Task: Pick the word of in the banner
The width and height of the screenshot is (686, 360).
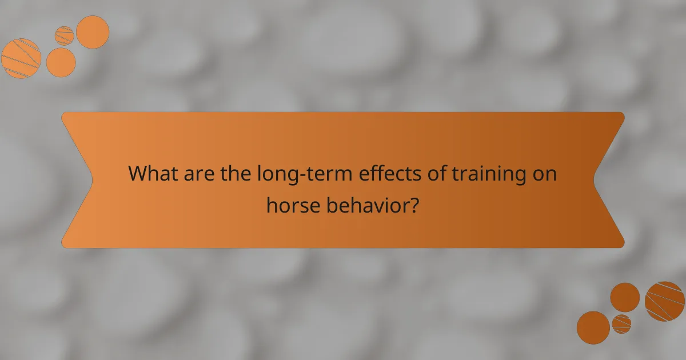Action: pyautogui.click(x=430, y=173)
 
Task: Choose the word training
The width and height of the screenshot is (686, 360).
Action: pyautogui.click(x=486, y=173)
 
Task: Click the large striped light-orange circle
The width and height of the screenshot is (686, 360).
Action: pyautogui.click(x=21, y=58)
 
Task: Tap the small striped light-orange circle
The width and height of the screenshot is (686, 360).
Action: pyautogui.click(x=65, y=35)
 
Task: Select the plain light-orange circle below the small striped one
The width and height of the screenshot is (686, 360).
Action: pyautogui.click(x=61, y=62)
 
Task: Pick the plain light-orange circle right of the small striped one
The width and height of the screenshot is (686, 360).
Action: pyautogui.click(x=93, y=32)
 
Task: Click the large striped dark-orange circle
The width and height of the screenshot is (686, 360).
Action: pyautogui.click(x=665, y=301)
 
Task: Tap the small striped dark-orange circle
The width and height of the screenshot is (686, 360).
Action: pyautogui.click(x=621, y=324)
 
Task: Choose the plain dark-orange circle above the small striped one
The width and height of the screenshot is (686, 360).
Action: pyautogui.click(x=625, y=298)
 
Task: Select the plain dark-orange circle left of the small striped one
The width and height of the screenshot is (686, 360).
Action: pyautogui.click(x=593, y=327)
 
